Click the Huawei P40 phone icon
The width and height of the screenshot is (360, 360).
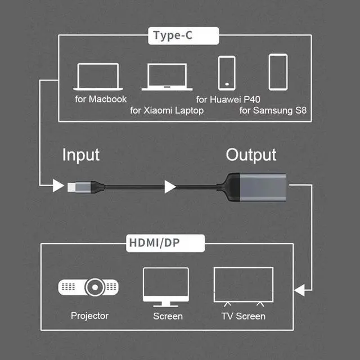point(226,72)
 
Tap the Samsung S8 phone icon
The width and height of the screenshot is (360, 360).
point(278,71)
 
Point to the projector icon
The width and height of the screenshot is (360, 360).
point(89,287)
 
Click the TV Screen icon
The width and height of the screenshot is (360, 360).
point(243,286)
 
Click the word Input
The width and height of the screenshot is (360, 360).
point(80,155)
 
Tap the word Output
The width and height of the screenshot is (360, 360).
point(251,155)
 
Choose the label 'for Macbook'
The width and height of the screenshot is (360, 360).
point(101,99)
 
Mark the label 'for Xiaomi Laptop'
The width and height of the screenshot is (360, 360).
point(166,110)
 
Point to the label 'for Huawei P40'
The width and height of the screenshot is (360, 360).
point(235,99)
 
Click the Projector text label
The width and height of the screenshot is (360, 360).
point(89,316)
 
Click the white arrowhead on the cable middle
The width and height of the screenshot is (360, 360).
point(170,186)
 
